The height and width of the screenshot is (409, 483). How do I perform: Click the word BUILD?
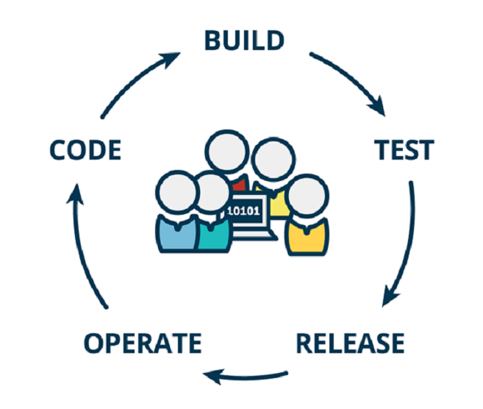[243, 40]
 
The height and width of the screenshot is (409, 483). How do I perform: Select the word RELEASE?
[350, 343]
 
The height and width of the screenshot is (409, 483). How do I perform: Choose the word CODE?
[85, 150]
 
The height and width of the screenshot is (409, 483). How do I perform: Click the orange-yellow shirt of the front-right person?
[307, 235]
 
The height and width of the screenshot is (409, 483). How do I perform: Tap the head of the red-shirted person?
[227, 154]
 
